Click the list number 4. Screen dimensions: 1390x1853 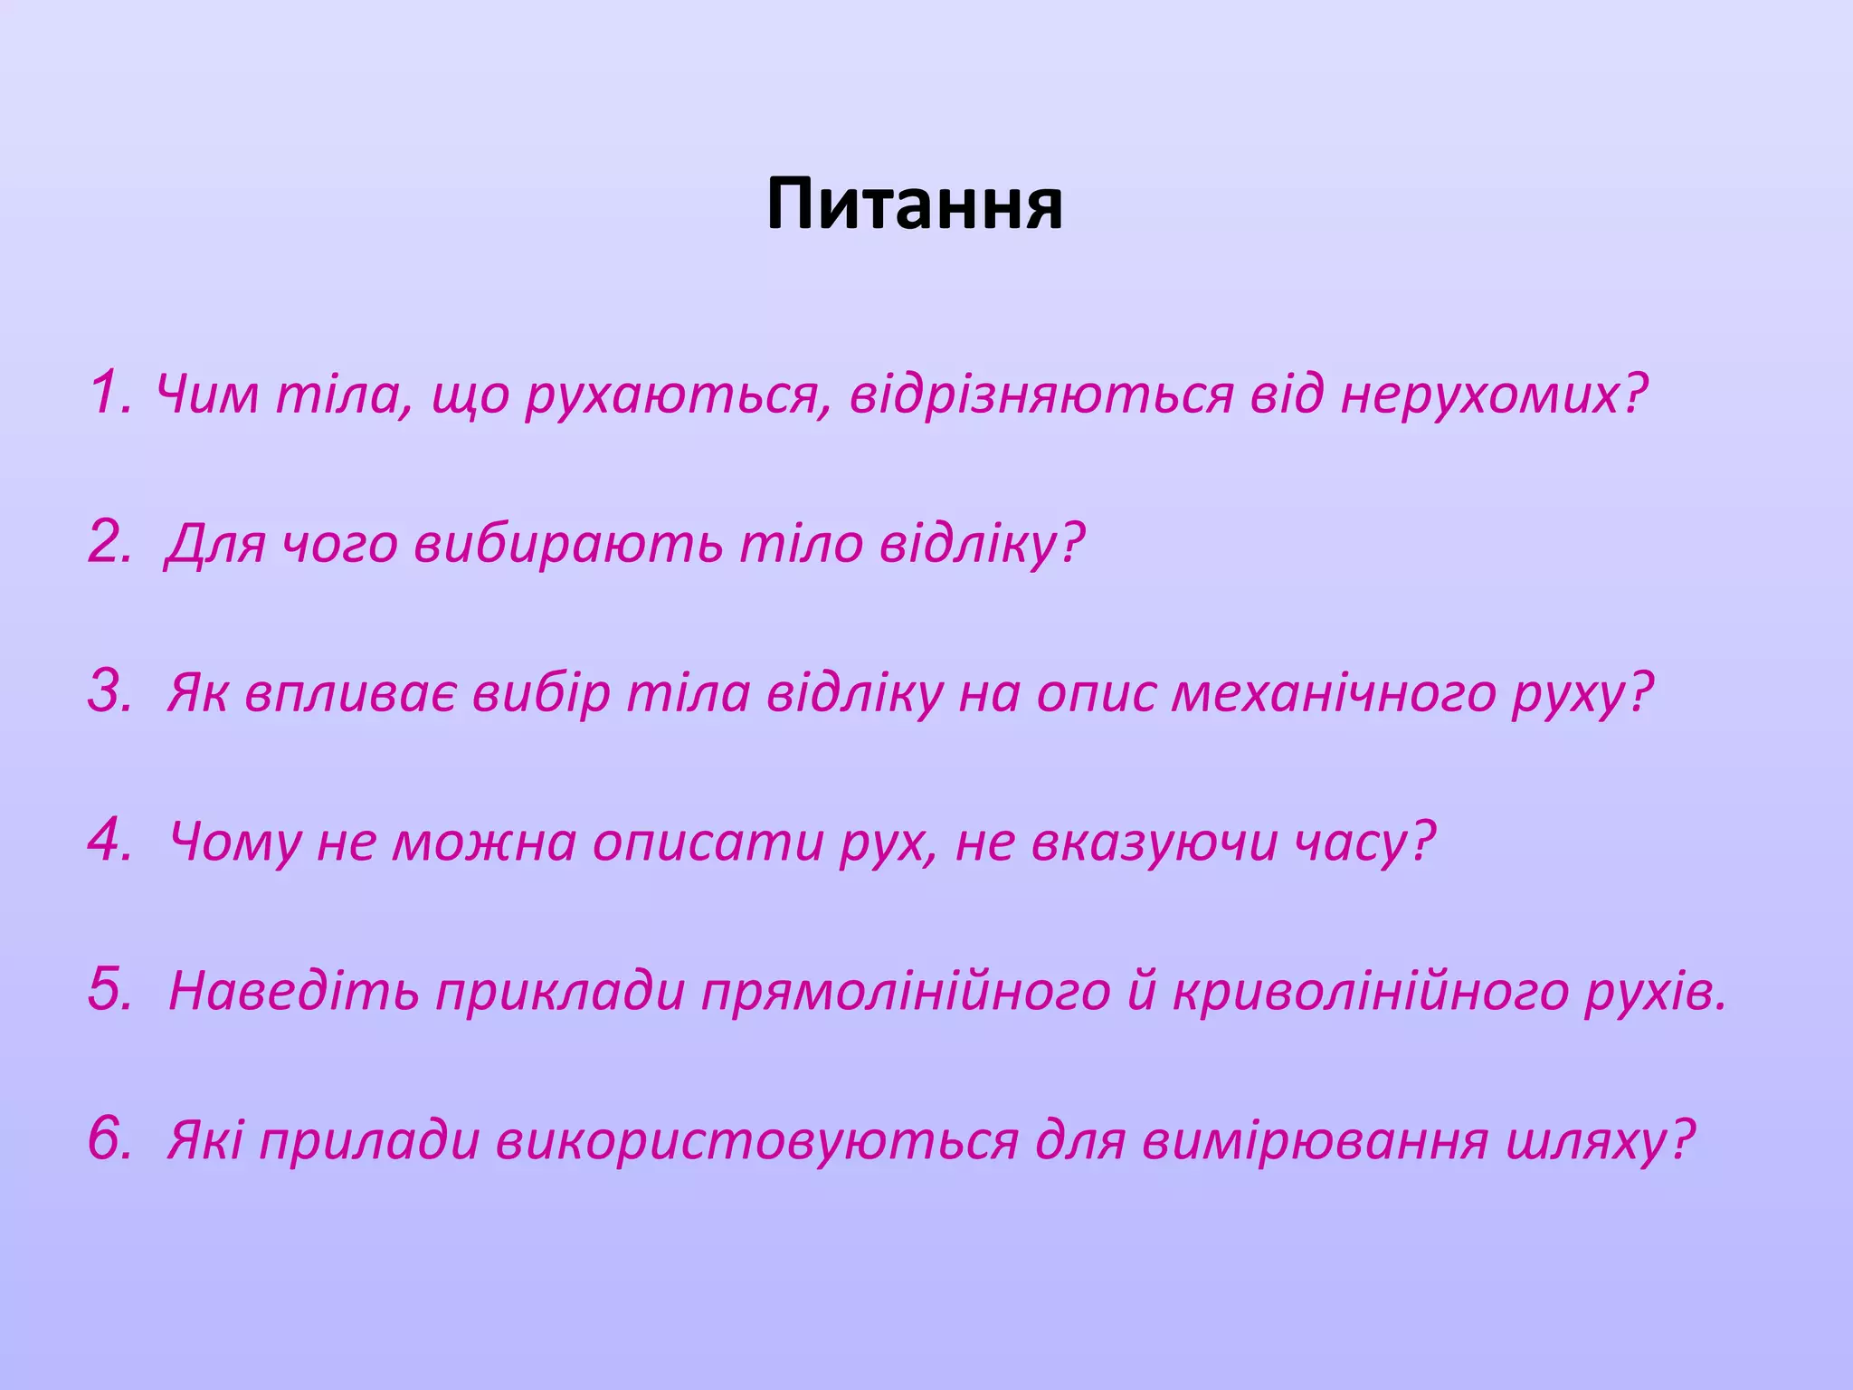coord(110,839)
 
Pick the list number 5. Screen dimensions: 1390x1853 coord(110,988)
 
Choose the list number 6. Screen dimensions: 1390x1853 coord(110,1138)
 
